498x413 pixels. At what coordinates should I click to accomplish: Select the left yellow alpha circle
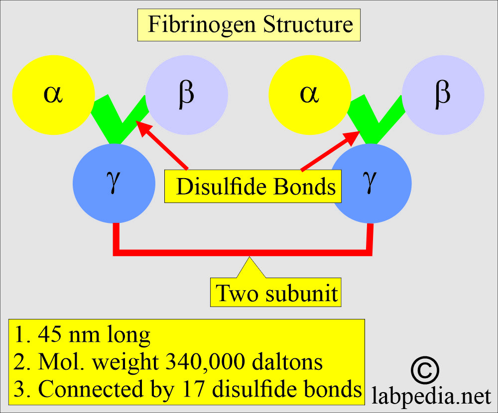click(x=53, y=95)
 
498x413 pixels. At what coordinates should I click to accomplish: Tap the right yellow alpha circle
click(x=309, y=95)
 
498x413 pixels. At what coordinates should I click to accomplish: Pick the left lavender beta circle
click(x=187, y=95)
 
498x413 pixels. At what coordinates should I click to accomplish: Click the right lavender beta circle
click(x=443, y=95)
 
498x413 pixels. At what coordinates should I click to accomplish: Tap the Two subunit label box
click(x=277, y=294)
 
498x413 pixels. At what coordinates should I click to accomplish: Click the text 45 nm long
click(x=82, y=336)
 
